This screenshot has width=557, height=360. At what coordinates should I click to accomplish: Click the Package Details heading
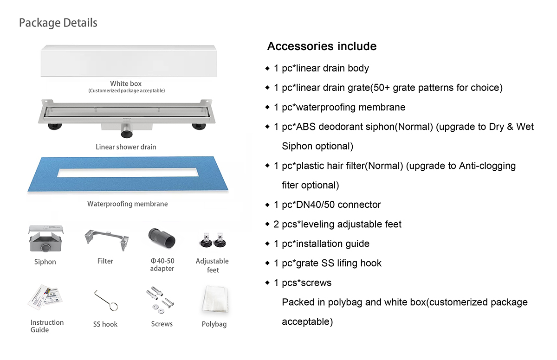point(58,23)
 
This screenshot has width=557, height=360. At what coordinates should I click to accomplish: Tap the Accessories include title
point(322,46)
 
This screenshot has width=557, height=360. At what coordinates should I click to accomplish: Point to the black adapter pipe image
point(162,239)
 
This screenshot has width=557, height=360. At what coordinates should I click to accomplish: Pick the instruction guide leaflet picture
point(45,300)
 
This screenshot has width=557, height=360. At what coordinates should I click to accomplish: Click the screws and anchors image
point(161,300)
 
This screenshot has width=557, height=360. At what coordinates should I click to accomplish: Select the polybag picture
point(215,299)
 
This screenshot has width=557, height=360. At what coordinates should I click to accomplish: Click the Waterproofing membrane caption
point(127,204)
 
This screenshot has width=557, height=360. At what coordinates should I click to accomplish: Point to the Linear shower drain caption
point(126,147)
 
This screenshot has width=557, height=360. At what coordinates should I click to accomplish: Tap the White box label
point(126,84)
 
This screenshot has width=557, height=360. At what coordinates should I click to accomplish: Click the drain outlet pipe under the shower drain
point(126,134)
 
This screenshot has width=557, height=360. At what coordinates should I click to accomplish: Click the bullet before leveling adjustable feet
point(267,224)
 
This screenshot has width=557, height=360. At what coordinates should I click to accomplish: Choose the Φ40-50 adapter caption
point(162,265)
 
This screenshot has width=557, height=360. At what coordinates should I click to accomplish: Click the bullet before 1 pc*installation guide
point(267,244)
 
